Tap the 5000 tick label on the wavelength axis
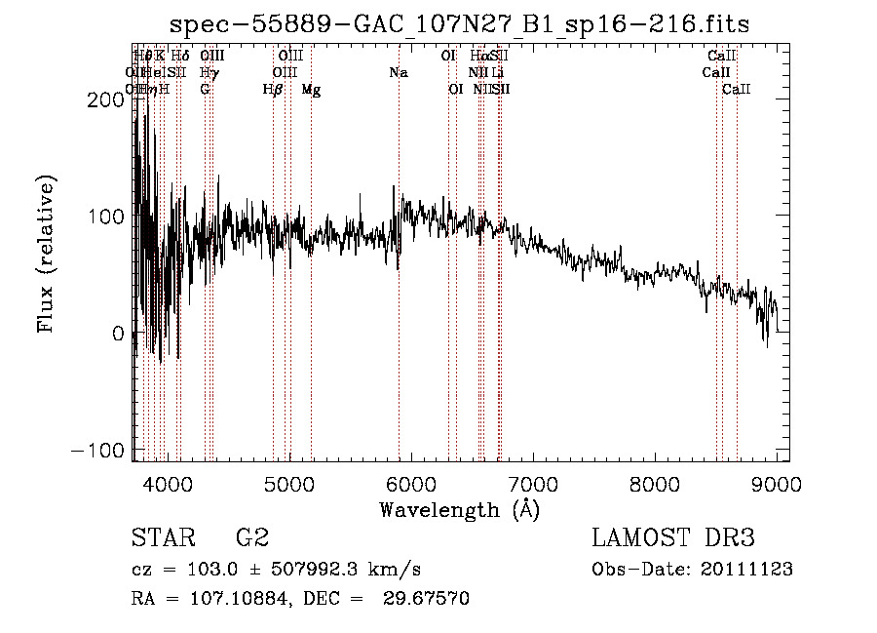tap(288, 483)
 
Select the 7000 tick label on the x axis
tap(532, 483)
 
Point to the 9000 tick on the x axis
tap(777, 483)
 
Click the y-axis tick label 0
tap(119, 334)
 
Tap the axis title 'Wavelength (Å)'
tap(459, 509)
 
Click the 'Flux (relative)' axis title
tap(47, 254)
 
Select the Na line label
tap(398, 73)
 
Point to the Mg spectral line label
tap(311, 90)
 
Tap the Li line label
tap(497, 73)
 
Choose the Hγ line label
tap(207, 73)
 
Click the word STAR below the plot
tap(163, 538)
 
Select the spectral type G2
tap(252, 538)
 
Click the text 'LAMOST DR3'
tap(673, 538)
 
